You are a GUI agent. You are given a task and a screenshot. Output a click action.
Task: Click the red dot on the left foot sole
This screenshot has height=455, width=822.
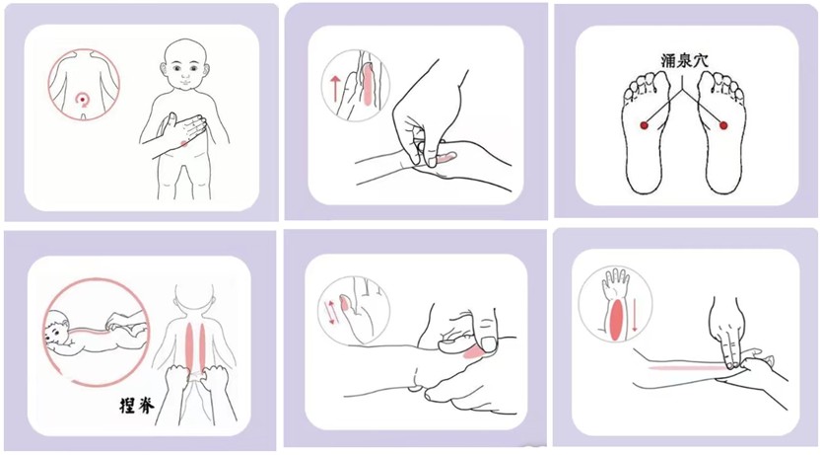644,125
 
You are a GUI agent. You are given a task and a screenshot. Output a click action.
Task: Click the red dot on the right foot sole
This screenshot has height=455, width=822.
723,125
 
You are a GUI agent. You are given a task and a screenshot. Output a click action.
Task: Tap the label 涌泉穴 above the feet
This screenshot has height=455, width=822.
684,60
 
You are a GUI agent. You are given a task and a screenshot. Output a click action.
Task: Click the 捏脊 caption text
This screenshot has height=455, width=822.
137,405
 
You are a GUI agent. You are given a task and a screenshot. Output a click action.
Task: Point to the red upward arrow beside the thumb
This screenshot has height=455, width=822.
334,88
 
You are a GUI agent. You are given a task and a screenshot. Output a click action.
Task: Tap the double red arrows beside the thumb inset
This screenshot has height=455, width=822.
331,312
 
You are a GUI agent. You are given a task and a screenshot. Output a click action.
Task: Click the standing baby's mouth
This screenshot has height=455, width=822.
186,83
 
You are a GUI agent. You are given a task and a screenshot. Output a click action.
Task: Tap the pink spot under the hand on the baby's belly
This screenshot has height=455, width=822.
183,143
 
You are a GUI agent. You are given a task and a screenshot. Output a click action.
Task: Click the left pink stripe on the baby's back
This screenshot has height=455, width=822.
189,346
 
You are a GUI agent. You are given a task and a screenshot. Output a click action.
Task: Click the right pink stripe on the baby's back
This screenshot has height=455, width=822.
202,346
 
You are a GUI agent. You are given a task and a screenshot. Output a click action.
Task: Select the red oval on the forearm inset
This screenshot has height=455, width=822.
616,320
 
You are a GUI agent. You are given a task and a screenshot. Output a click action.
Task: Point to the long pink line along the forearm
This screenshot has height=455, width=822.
687,368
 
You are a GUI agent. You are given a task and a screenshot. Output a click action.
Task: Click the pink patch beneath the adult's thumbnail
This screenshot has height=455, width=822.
475,351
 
